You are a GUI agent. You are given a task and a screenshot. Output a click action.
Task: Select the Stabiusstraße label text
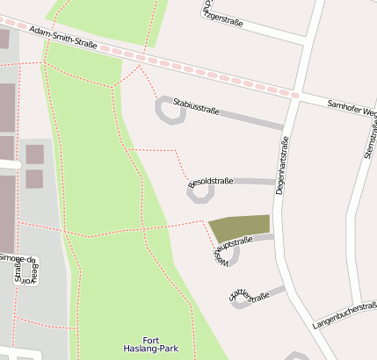coord(196,108)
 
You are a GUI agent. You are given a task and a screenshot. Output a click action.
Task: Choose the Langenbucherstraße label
coord(344,317)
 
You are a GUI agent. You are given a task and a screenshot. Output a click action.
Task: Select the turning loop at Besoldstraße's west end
coord(199,191)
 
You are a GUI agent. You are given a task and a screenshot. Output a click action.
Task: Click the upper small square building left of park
coord(34,155)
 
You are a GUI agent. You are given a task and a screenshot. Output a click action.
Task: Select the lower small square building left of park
coord(34,179)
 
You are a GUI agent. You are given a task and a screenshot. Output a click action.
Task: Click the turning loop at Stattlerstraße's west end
coord(240,301)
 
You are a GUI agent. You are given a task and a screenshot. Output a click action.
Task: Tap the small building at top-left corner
coord(4,39)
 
